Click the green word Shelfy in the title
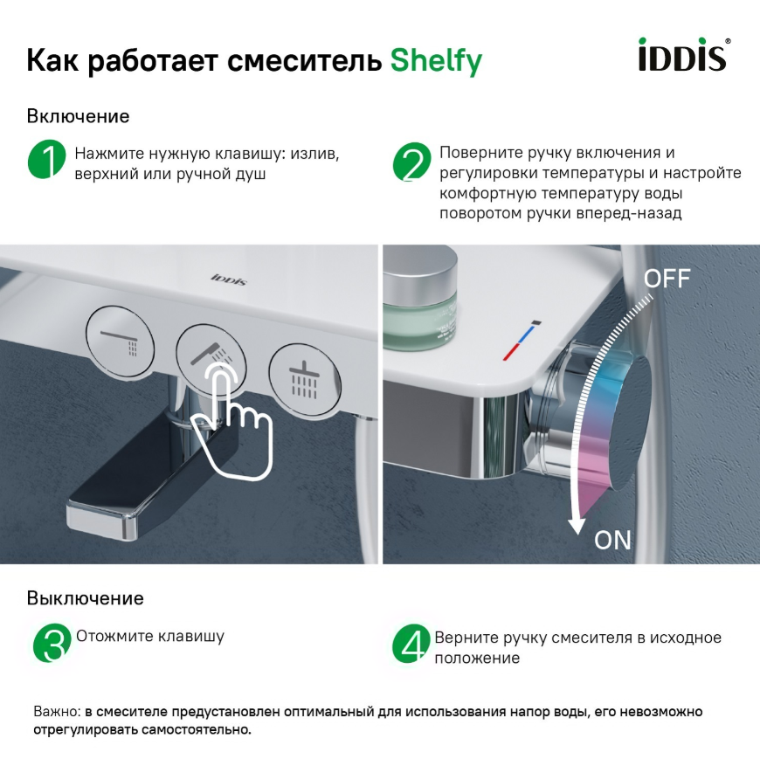[x=436, y=61]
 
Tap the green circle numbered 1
[x=46, y=159]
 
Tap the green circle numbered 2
[x=411, y=162]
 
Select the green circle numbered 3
[x=52, y=643]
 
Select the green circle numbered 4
[x=411, y=644]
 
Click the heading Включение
[x=78, y=116]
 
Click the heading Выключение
[x=86, y=598]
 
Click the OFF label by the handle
[x=667, y=279]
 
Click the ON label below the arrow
[x=612, y=540]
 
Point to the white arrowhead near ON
[x=577, y=526]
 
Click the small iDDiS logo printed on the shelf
[x=229, y=279]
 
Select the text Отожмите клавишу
[x=150, y=636]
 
